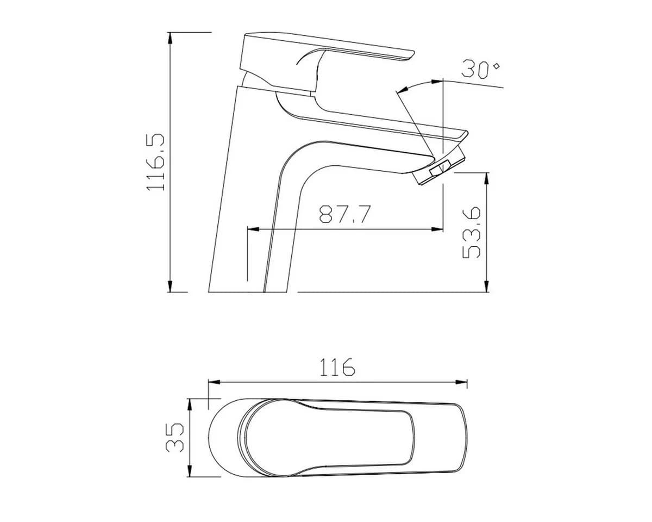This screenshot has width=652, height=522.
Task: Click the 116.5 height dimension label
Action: (x=155, y=162)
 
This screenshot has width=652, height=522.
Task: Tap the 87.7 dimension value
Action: (x=345, y=214)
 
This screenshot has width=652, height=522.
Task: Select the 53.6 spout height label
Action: (x=472, y=233)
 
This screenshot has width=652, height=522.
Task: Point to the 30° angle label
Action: (x=480, y=70)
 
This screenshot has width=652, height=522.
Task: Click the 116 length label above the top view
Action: (x=337, y=367)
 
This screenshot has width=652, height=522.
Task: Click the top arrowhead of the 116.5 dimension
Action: (x=170, y=38)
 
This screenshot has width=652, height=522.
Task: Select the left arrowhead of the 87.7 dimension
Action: (x=254, y=229)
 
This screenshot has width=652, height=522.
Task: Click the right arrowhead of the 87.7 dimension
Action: (x=437, y=229)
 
